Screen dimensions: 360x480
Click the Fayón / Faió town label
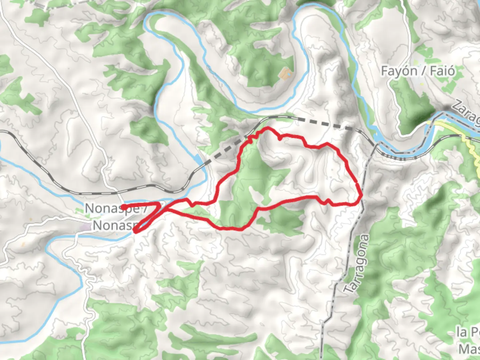(x=418, y=71)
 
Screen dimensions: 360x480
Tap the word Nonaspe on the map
(x=111, y=209)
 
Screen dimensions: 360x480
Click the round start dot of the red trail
(x=123, y=207)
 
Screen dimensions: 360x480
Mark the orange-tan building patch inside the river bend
(x=284, y=73)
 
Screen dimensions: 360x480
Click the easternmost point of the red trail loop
(x=361, y=196)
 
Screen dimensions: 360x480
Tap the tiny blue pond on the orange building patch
(x=289, y=75)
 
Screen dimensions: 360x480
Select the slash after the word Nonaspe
(x=145, y=209)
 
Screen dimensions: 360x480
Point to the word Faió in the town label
(x=442, y=71)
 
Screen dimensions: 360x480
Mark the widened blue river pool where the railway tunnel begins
(x=200, y=160)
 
